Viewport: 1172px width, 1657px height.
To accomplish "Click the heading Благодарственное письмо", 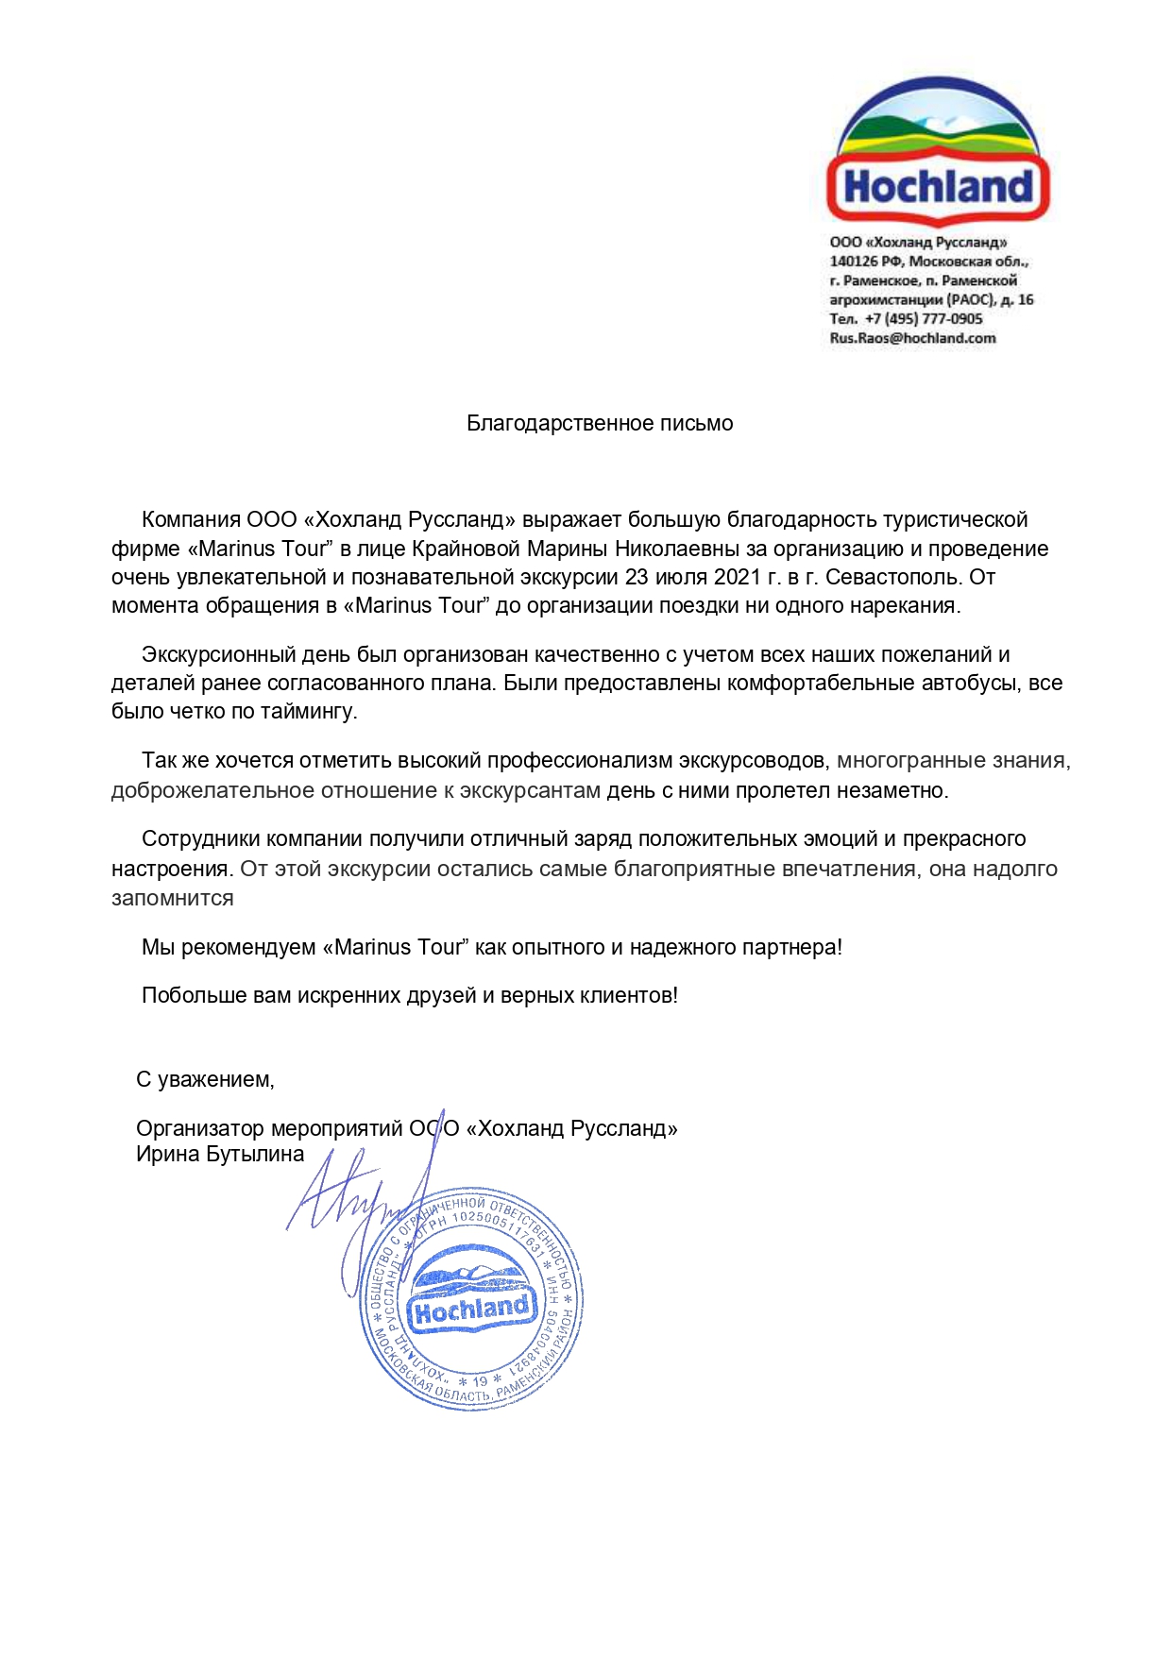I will (600, 424).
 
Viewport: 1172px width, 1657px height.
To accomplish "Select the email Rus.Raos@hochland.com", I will (912, 338).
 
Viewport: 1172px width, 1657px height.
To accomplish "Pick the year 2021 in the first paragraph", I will (737, 577).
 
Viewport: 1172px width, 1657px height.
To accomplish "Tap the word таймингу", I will (309, 712).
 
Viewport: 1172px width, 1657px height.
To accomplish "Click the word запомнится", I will (173, 899).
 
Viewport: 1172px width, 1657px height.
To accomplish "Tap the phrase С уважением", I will (205, 1079).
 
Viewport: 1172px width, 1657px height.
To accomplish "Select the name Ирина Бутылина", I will (220, 1155).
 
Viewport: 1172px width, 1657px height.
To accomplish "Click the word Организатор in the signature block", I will (200, 1129).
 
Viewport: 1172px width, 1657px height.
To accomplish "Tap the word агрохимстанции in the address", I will (886, 300).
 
